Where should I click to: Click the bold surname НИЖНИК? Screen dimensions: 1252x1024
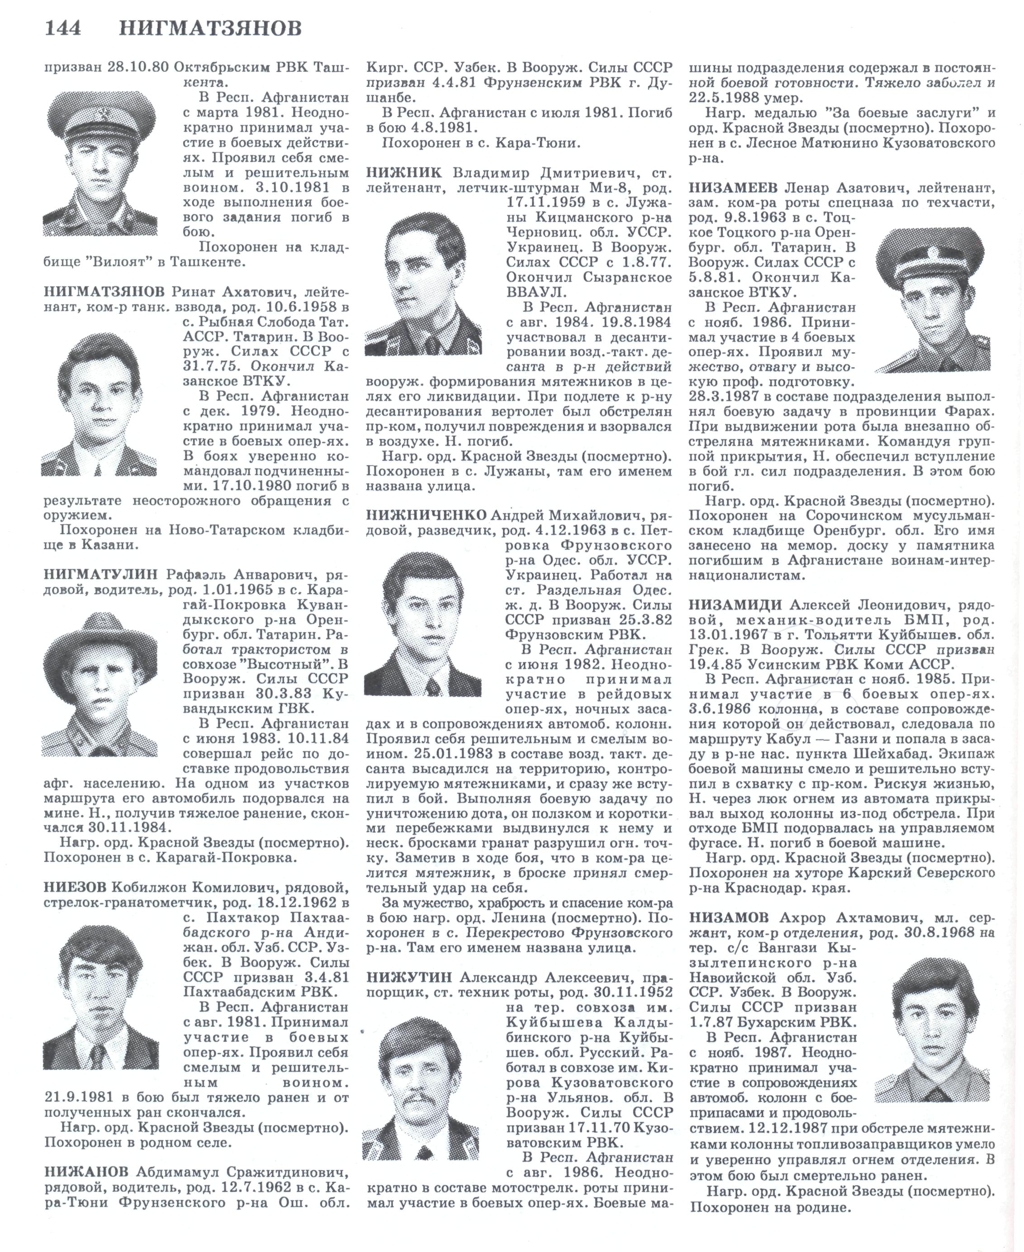[x=403, y=173]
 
